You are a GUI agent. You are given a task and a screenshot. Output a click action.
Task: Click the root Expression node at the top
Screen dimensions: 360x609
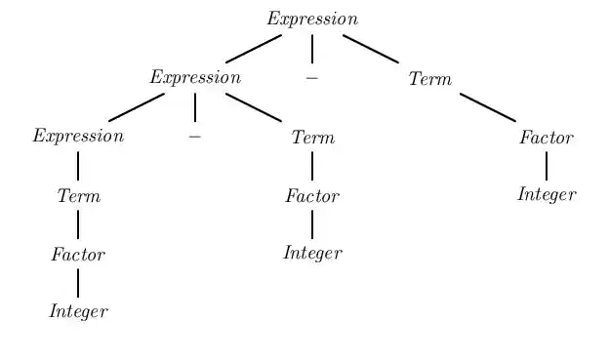coord(312,20)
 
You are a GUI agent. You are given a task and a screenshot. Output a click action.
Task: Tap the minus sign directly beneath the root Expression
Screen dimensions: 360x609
coord(312,77)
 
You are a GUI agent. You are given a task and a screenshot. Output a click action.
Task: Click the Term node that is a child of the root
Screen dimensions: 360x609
coord(429,79)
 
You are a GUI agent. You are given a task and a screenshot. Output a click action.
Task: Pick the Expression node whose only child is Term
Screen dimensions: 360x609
coord(78,137)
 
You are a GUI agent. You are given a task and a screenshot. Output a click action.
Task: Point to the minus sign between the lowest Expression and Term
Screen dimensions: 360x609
coord(195,137)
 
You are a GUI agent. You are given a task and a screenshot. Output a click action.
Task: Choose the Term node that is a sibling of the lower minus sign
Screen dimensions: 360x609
coord(312,138)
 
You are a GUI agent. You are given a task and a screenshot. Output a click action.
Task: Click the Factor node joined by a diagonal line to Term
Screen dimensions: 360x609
coord(547,138)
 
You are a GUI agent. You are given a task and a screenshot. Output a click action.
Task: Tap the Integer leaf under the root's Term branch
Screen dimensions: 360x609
coord(547,195)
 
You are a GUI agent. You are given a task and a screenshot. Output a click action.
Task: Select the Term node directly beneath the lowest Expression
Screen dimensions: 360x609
coord(78,196)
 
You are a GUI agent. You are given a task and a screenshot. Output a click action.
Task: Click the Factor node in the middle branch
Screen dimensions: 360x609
coord(312,196)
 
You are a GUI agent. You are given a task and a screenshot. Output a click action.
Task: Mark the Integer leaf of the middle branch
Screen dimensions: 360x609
coord(312,254)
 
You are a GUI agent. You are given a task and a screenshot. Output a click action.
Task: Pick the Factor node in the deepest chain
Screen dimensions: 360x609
coord(78,255)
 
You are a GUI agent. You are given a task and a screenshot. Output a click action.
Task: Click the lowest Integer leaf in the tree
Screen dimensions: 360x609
coord(78,312)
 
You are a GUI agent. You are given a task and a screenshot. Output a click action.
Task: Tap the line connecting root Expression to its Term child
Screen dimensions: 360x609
coord(371,49)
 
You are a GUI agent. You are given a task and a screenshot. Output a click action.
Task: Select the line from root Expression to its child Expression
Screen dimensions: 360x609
coord(254,49)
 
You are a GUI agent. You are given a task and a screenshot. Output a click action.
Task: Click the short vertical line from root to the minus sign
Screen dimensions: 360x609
coord(312,48)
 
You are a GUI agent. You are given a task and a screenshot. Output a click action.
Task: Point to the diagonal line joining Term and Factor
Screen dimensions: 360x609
coord(488,107)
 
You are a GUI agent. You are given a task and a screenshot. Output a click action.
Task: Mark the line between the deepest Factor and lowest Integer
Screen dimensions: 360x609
coord(78,283)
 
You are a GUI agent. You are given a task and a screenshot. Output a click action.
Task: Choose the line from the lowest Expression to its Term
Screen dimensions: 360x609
coord(78,166)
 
